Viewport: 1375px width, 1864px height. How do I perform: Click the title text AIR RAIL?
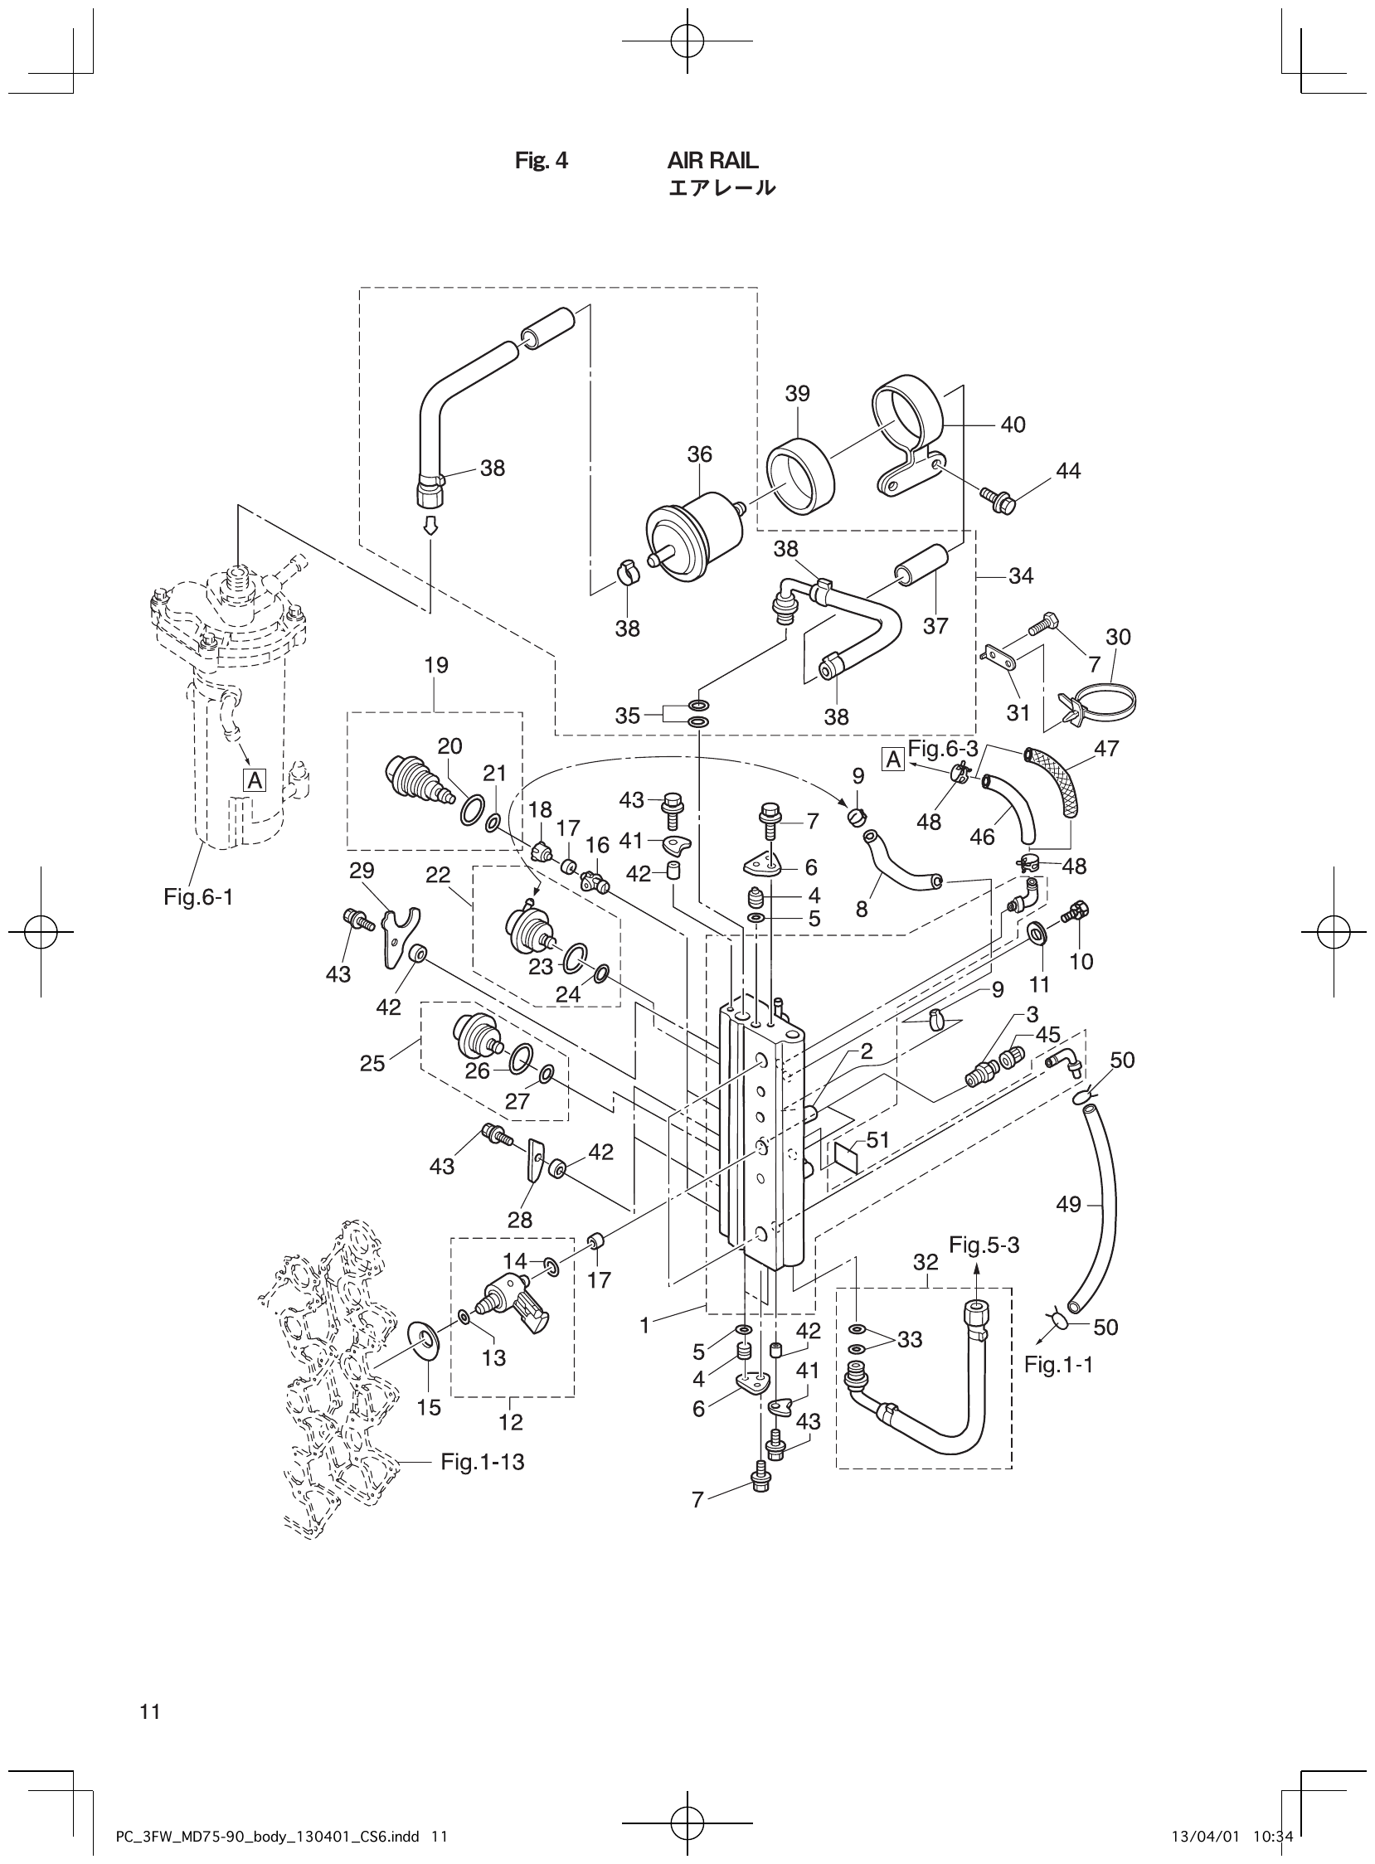[x=712, y=161]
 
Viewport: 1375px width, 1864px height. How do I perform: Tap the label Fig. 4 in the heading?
[x=541, y=161]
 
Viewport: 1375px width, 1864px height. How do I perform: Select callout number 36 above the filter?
[x=699, y=454]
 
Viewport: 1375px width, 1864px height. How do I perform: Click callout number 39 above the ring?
[x=796, y=394]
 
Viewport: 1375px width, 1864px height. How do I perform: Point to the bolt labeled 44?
[x=998, y=499]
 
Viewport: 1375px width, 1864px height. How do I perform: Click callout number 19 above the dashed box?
[x=435, y=665]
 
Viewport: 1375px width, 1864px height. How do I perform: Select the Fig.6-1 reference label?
[x=198, y=897]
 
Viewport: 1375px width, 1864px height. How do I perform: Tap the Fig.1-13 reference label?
[x=483, y=1462]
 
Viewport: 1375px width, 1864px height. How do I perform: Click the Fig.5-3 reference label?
[x=984, y=1245]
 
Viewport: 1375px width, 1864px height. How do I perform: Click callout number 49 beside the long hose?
[x=1068, y=1204]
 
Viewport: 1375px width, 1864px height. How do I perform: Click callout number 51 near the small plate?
[x=877, y=1140]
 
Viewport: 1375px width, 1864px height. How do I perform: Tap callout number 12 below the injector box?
[x=511, y=1422]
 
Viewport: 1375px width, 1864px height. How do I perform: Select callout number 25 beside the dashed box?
[x=372, y=1064]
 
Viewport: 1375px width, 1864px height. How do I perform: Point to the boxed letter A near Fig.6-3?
[x=893, y=759]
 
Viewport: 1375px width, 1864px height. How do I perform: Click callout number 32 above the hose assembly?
[x=925, y=1262]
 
